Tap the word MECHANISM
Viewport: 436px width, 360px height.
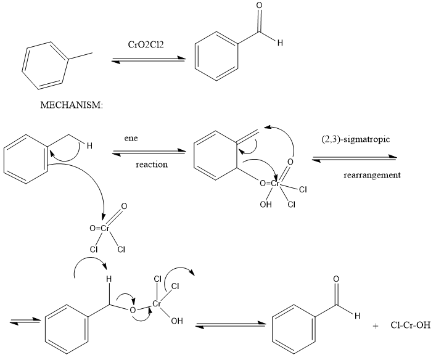click(x=72, y=105)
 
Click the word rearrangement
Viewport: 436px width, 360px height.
click(x=372, y=175)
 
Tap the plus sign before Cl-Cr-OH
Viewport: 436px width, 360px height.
click(x=375, y=326)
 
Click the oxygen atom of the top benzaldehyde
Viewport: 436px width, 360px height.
click(x=258, y=6)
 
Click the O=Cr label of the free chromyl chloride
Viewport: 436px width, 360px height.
click(x=100, y=228)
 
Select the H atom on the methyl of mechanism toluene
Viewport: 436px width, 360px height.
click(x=89, y=146)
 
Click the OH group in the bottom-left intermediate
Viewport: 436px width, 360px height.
click(x=178, y=322)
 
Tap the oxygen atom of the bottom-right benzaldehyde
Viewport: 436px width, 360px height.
click(x=336, y=279)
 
